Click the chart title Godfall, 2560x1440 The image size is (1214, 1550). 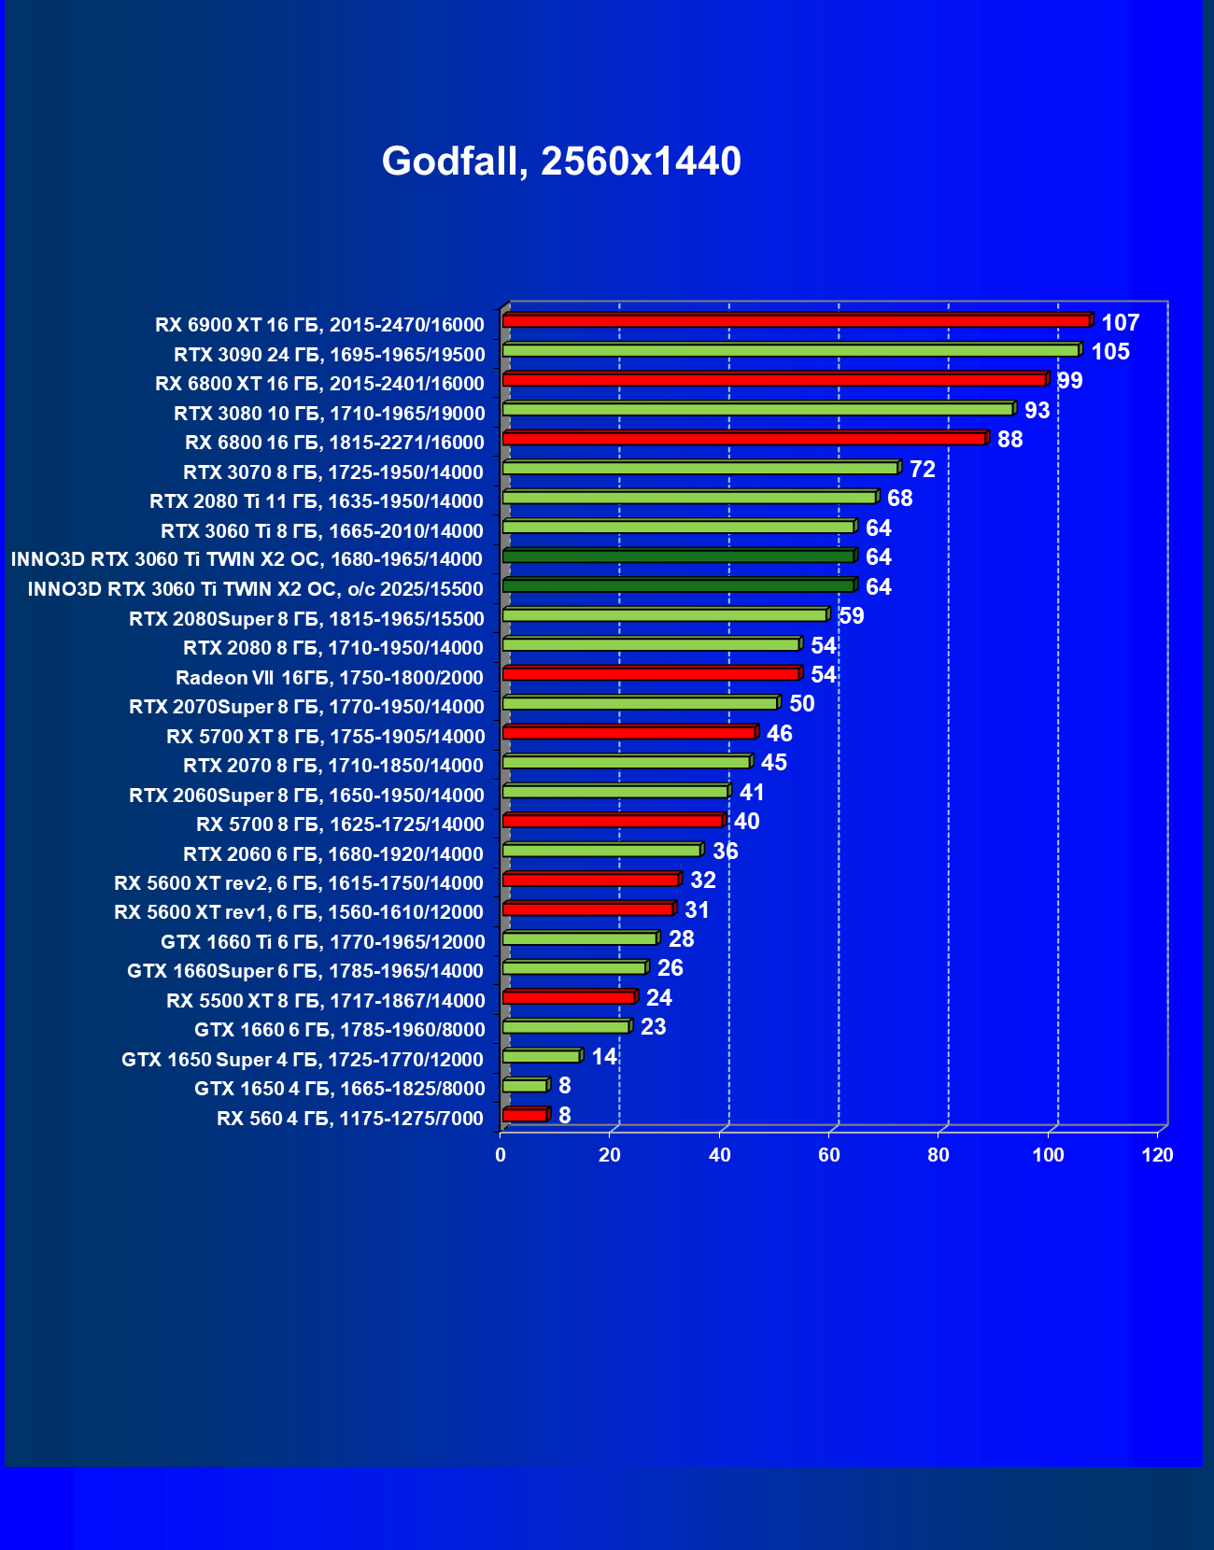click(561, 162)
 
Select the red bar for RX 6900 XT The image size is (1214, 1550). click(796, 321)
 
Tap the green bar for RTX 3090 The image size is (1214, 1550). click(790, 350)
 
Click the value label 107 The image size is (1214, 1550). click(1120, 323)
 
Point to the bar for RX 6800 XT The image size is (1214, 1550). click(774, 380)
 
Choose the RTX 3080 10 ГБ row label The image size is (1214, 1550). click(330, 414)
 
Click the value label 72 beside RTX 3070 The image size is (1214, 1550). click(922, 470)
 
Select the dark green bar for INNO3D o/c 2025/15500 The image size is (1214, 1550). click(678, 585)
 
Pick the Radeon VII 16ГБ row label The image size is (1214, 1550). click(330, 678)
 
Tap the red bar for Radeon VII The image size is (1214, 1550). click(651, 673)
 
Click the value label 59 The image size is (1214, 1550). click(851, 616)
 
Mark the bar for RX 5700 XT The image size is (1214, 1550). click(628, 732)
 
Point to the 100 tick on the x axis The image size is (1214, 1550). click(1048, 1155)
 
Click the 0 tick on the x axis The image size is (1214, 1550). click(501, 1155)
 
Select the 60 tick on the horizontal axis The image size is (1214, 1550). click(829, 1155)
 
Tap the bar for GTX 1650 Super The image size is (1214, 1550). click(541, 1056)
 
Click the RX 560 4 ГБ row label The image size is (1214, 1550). click(350, 1119)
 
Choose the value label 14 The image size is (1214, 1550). click(604, 1057)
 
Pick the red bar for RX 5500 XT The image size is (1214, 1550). click(569, 997)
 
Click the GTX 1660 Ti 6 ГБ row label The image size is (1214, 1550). click(323, 942)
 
